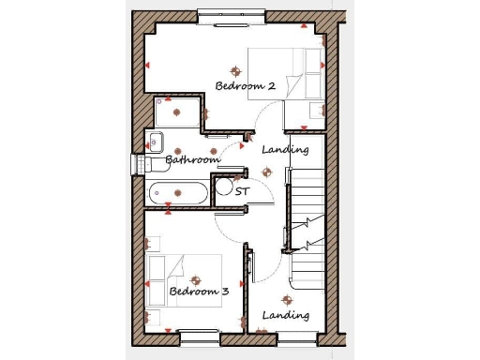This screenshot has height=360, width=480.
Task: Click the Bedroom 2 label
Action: [245, 86]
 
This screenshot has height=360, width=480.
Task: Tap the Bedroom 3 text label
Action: [199, 292]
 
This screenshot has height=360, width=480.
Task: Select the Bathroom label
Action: [192, 160]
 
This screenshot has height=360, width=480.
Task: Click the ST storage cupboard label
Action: [243, 191]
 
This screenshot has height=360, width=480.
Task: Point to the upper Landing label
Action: [285, 150]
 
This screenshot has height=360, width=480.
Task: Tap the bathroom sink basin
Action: [156, 142]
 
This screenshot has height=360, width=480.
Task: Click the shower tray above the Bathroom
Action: [176, 113]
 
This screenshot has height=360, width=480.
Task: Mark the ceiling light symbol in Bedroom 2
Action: [235, 70]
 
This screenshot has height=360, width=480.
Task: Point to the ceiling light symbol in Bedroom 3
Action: [195, 279]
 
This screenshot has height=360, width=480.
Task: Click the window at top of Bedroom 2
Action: [232, 15]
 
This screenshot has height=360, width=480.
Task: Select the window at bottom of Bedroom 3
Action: [198, 333]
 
